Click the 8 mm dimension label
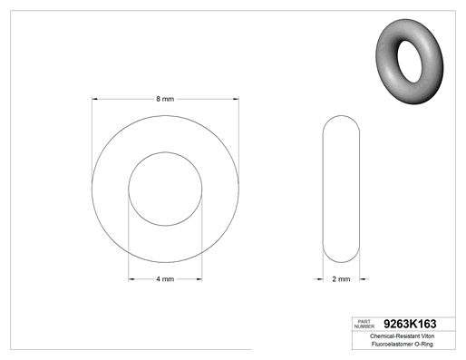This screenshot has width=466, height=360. click(x=165, y=99)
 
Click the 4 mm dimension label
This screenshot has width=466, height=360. click(x=165, y=279)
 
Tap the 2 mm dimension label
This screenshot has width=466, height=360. click(x=341, y=279)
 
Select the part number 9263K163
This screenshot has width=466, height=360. click(x=410, y=324)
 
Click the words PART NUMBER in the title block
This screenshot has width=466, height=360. click(x=364, y=324)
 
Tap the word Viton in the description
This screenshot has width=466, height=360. click(x=427, y=336)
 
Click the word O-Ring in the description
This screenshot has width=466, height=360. click(x=423, y=344)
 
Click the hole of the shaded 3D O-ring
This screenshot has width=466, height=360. click(x=410, y=62)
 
